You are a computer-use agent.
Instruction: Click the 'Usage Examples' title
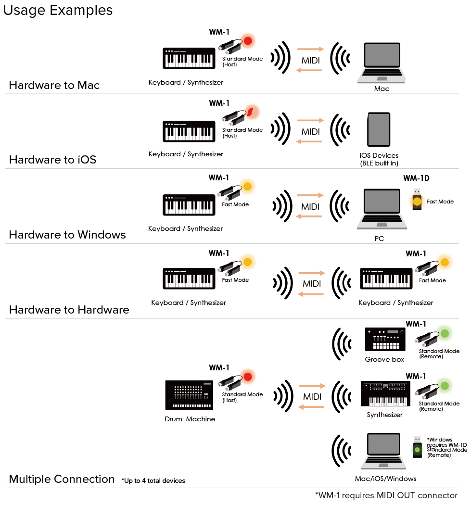58,10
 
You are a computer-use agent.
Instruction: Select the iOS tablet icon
379,130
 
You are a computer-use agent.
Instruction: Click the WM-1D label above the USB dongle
416,178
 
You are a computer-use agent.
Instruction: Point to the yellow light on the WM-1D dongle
417,202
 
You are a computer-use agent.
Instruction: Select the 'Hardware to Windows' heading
67,235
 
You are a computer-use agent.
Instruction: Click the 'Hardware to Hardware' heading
69,310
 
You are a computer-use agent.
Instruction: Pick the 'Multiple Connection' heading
62,479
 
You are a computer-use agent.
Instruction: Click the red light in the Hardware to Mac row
248,41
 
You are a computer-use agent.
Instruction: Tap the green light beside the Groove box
445,333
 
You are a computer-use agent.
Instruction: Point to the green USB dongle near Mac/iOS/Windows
417,447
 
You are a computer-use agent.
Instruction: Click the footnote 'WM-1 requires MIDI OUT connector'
386,495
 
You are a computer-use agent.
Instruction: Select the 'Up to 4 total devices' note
153,480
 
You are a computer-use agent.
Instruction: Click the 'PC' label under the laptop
379,238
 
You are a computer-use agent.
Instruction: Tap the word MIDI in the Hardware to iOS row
310,132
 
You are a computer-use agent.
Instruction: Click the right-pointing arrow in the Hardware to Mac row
310,49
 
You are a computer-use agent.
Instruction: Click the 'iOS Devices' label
379,156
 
